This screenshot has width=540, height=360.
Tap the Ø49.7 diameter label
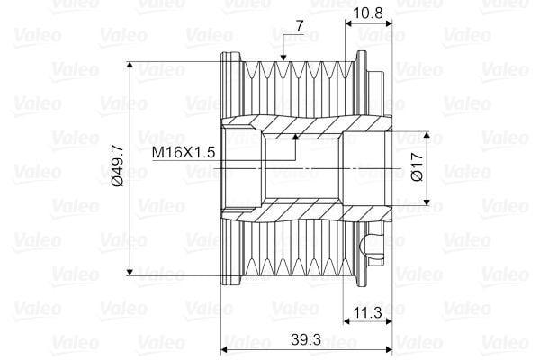point(119,168)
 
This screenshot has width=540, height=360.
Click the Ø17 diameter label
point(416,168)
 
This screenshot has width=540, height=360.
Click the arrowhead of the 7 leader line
point(283,59)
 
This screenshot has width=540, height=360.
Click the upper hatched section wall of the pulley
point(297,122)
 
